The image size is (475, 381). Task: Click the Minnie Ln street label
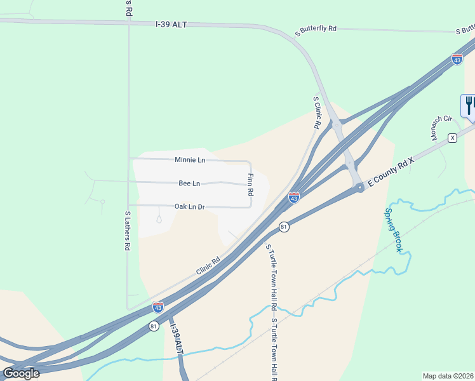pos(190,160)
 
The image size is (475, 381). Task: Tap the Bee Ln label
pos(189,184)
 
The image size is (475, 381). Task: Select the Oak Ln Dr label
pos(190,206)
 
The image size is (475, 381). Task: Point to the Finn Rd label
pos(250,184)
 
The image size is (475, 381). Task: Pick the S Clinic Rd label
pos(317,112)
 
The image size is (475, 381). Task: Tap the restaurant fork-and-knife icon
pos(469,105)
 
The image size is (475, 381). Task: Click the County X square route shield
pos(452,138)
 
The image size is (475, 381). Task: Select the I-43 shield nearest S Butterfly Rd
pos(457,59)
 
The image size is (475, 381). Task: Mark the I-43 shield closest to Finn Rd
pos(293,198)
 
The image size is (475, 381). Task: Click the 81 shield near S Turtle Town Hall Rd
pos(284,227)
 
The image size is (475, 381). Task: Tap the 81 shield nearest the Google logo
pos(154,326)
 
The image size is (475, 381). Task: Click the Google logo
pos(21,373)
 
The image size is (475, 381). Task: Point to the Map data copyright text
pos(448,376)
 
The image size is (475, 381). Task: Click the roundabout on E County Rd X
pos(360,187)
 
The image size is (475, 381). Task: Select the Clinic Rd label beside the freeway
pos(208,265)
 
